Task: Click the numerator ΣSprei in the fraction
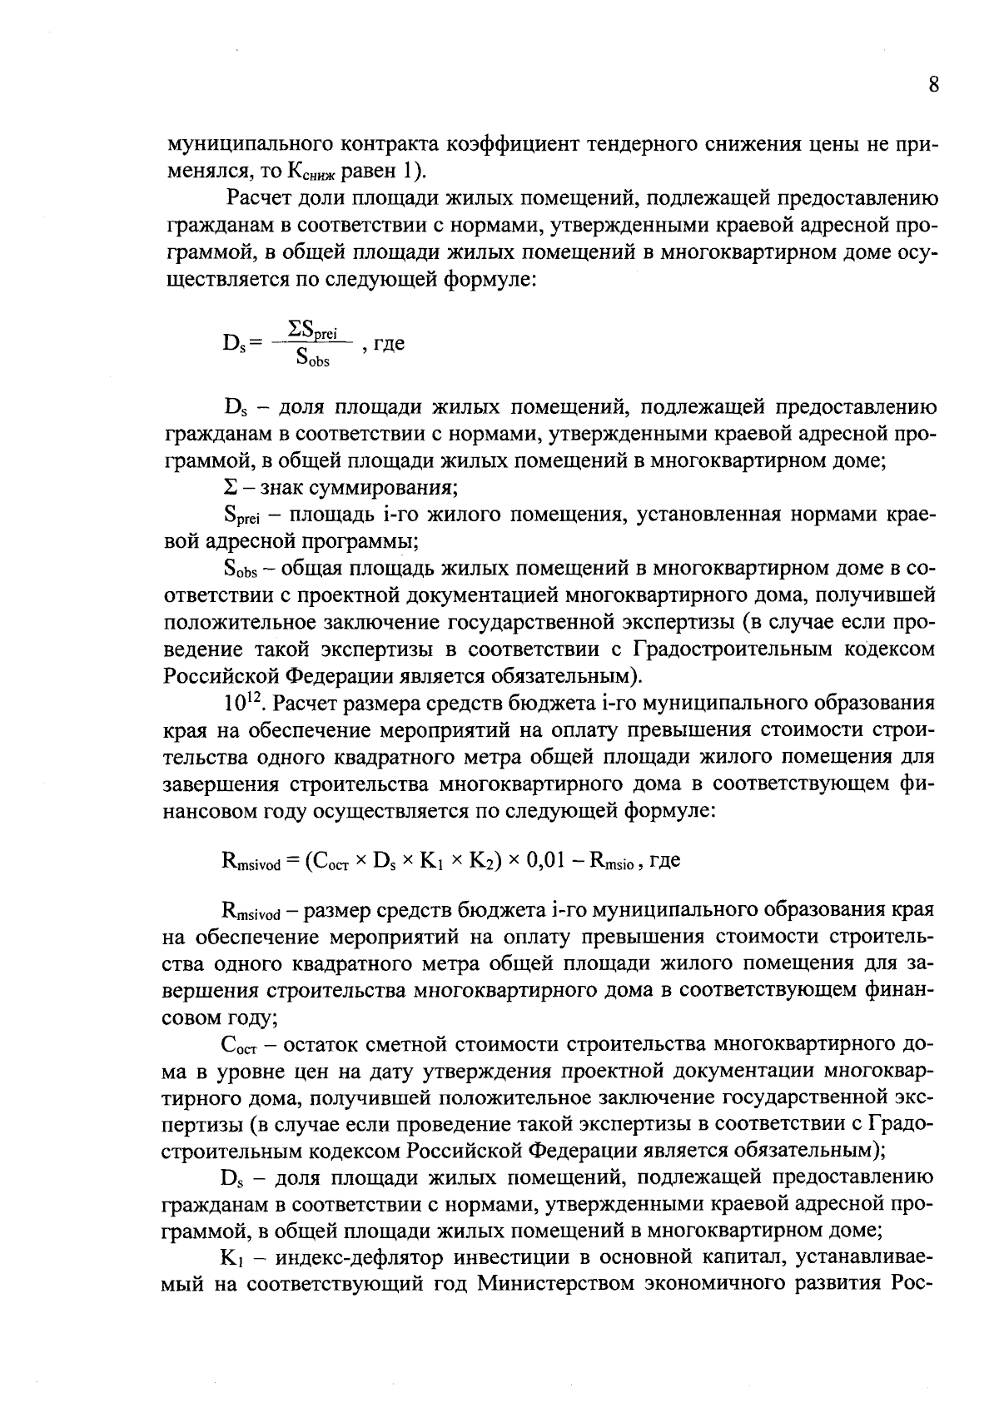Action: click(312, 331)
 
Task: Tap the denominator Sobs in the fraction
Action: click(313, 359)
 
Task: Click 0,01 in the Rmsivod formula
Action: click(545, 860)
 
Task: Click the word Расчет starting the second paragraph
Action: click(258, 200)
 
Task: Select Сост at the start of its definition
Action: click(242, 1045)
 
